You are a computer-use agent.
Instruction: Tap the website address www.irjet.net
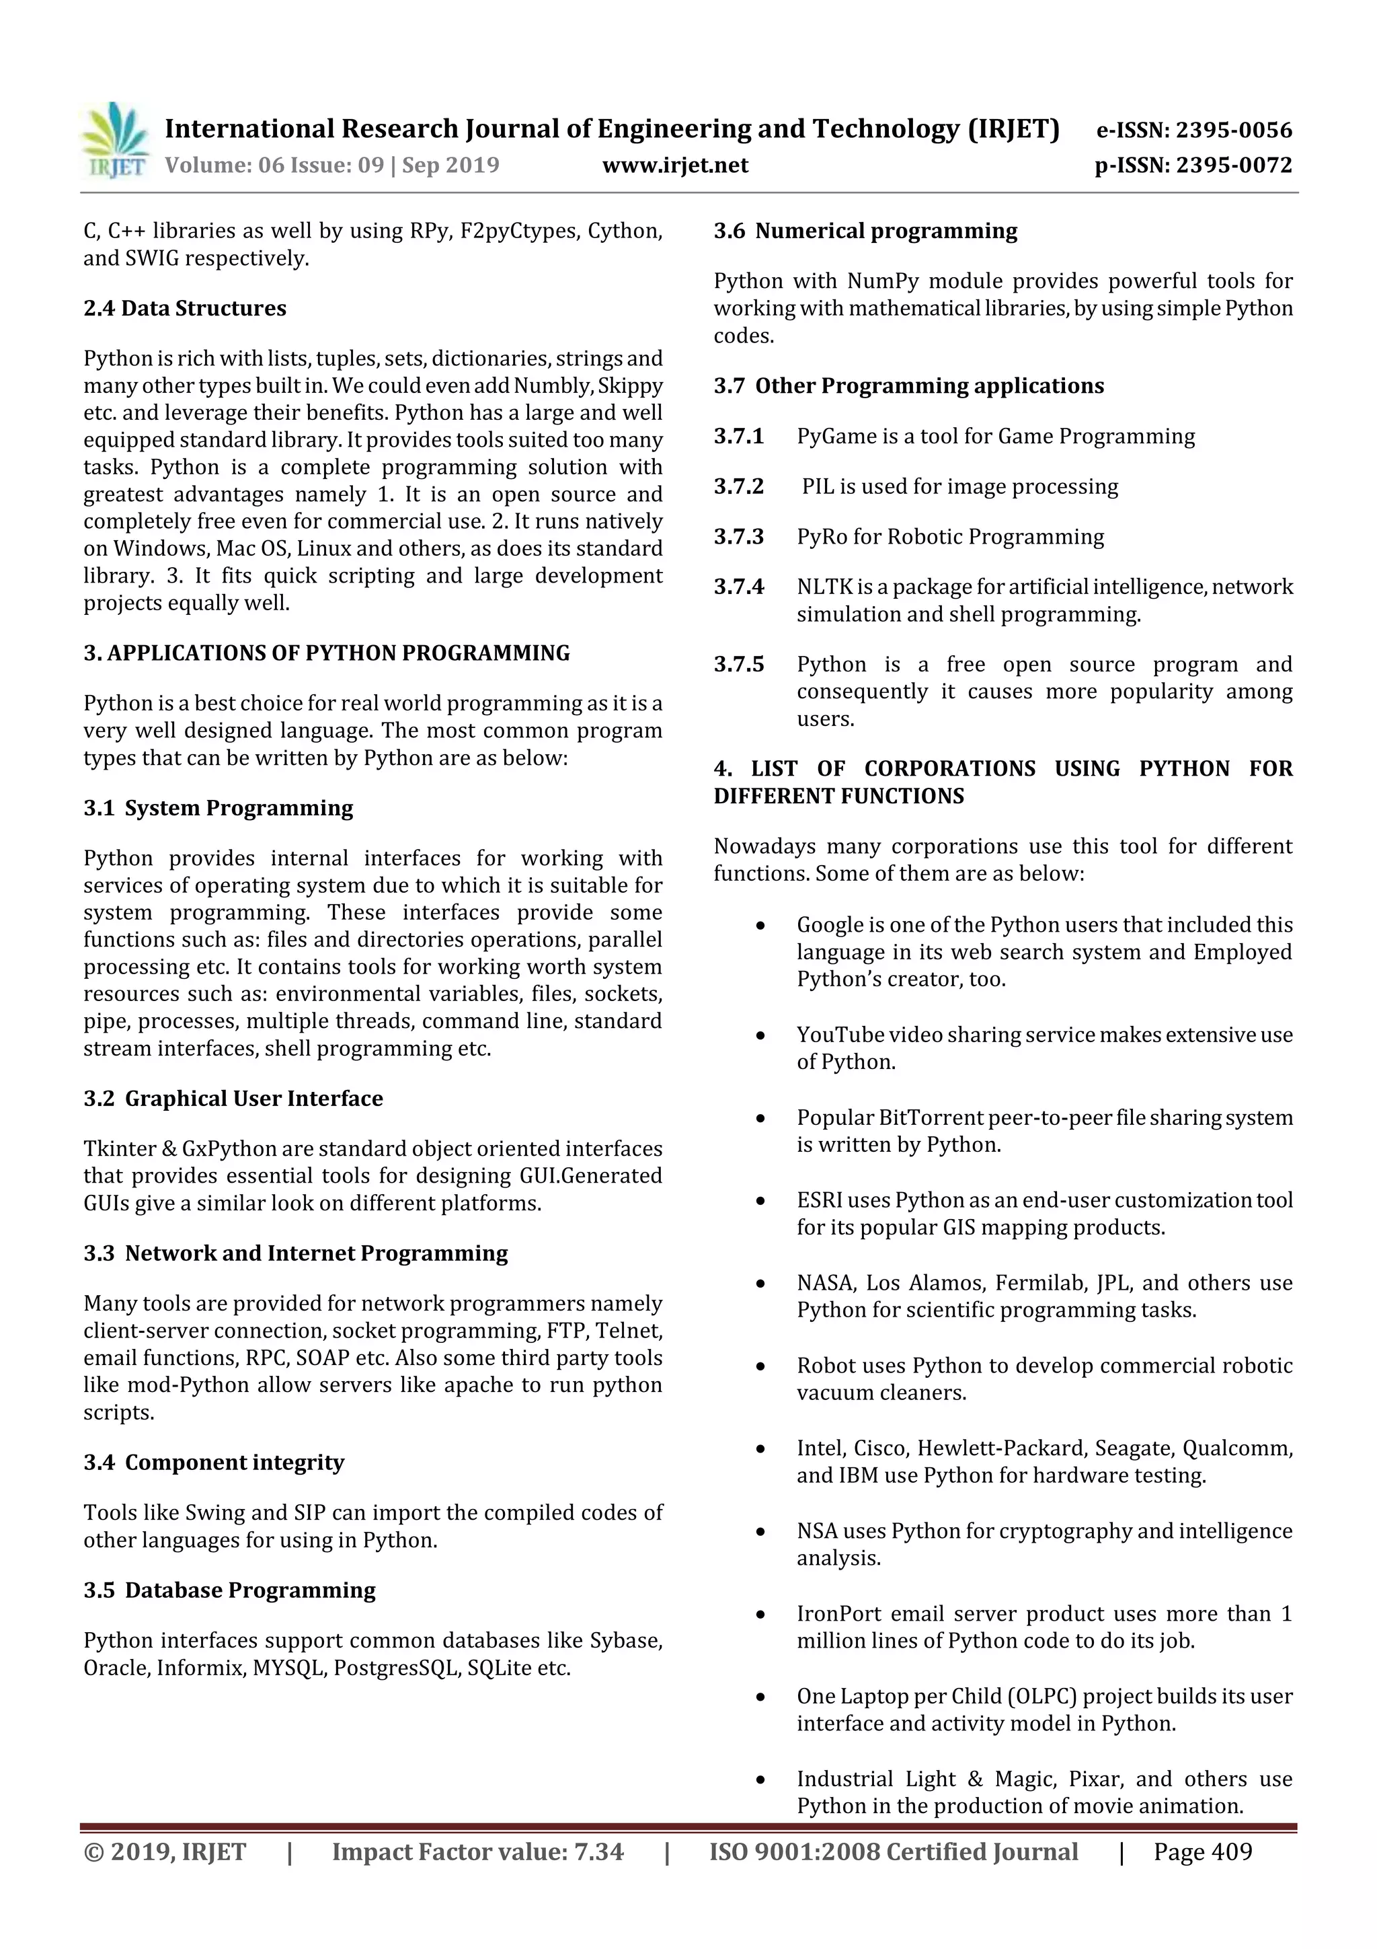tap(674, 165)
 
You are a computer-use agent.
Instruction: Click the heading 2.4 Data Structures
tap(184, 308)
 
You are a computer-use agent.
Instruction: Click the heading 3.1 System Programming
tap(218, 808)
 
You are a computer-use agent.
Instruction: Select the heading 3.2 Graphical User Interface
tap(233, 1099)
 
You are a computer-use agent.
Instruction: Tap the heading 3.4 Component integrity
tap(214, 1463)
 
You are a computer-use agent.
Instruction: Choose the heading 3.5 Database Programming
tap(229, 1590)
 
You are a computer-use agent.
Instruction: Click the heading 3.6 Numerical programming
tap(865, 231)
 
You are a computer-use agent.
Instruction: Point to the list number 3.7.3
tap(738, 536)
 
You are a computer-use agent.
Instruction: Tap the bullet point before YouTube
tap(760, 1035)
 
